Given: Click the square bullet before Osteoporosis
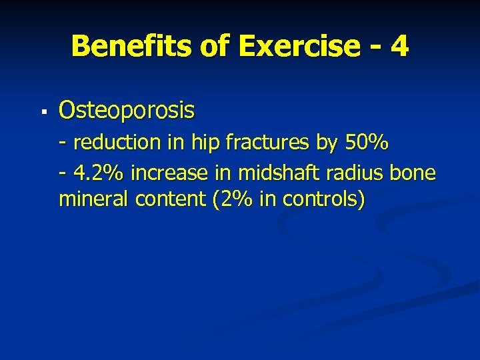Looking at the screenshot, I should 43,111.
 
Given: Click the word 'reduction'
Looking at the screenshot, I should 116,143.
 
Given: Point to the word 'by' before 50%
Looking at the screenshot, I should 331,143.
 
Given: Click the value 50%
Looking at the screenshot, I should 368,143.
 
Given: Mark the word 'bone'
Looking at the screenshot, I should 413,173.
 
